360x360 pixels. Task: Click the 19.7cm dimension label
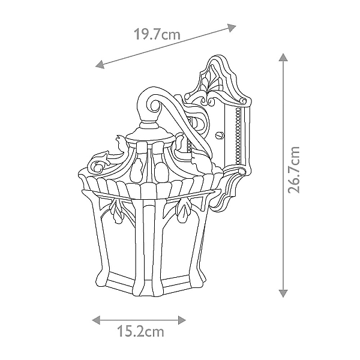tap(157, 34)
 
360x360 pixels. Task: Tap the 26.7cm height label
tap(293, 169)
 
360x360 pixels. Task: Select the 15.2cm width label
tap(140, 331)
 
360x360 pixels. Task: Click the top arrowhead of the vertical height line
tap(283, 58)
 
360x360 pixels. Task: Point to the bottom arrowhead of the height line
tap(283, 293)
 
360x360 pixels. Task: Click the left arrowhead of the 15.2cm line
tap(96, 320)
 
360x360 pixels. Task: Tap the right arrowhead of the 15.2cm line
tap(182, 320)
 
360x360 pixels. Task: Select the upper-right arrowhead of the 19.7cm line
tap(232, 28)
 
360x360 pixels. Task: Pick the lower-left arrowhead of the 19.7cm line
tap(100, 65)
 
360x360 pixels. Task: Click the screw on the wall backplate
tap(220, 135)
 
